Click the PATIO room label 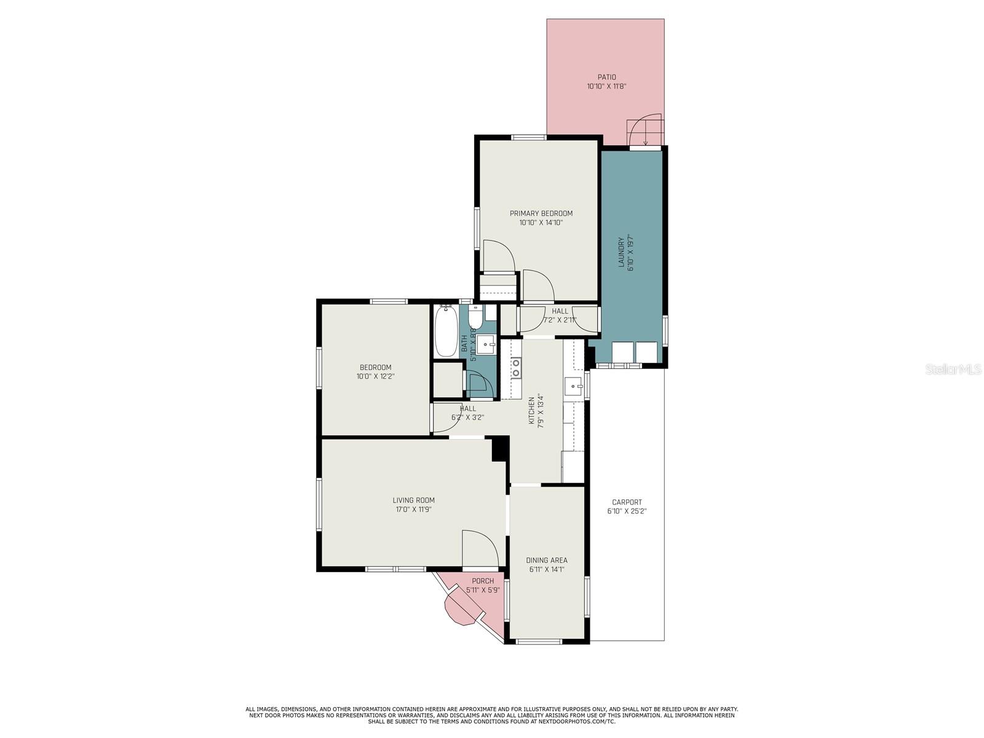coord(606,77)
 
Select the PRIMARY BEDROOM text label coord(541,213)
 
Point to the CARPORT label coord(627,502)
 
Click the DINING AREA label coord(546,560)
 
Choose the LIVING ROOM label coord(413,500)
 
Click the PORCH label coord(483,581)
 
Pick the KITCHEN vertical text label coord(532,411)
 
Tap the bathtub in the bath coord(446,331)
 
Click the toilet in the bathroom coord(475,318)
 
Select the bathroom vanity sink coord(486,344)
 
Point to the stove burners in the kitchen coord(516,368)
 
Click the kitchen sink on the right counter coord(573,386)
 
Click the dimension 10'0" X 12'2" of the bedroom coord(375,376)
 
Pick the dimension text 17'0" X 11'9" coord(413,509)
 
